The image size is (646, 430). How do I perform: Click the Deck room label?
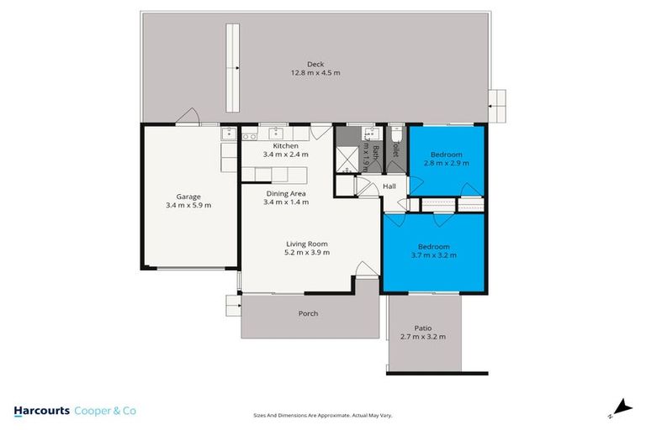click(x=315, y=64)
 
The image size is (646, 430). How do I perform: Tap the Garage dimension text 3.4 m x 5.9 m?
click(x=188, y=205)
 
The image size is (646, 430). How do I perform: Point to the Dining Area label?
click(x=285, y=192)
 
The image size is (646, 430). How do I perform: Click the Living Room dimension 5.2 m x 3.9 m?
click(x=307, y=252)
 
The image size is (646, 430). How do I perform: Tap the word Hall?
click(x=389, y=186)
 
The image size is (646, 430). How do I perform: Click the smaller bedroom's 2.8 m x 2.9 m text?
click(x=446, y=163)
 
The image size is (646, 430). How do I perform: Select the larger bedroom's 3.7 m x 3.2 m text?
click(x=435, y=255)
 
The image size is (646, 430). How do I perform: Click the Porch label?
click(x=309, y=313)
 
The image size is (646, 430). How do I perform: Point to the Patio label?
click(x=423, y=328)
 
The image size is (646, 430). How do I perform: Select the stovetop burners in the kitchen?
click(x=249, y=136)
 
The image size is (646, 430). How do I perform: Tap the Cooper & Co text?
click(x=105, y=411)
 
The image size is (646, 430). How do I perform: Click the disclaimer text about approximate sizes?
click(x=323, y=415)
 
